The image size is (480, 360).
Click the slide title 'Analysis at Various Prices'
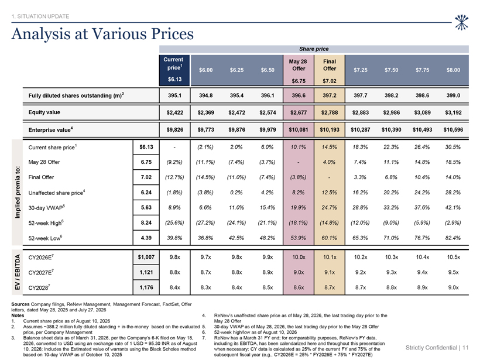(102, 34)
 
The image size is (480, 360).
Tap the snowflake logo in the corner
(461, 22)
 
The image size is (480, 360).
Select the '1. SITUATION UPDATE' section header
(40, 16)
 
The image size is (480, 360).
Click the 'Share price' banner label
(314, 49)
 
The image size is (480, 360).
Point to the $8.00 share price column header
(453, 70)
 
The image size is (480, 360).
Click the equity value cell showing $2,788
(330, 112)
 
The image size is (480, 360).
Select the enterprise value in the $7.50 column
(391, 130)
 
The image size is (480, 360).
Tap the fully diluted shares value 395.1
(174, 95)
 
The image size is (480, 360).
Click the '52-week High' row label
(46, 223)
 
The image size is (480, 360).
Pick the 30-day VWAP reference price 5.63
(146, 208)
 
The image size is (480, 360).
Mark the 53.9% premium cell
(298, 238)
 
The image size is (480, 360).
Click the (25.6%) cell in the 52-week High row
(174, 223)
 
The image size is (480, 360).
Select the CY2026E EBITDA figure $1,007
(146, 257)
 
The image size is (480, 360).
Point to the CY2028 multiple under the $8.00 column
(453, 287)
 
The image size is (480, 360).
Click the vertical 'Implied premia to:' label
(18, 193)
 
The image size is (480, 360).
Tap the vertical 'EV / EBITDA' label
(18, 272)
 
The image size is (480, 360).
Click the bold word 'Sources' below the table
(20, 304)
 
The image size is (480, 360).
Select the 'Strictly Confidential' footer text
(431, 348)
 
